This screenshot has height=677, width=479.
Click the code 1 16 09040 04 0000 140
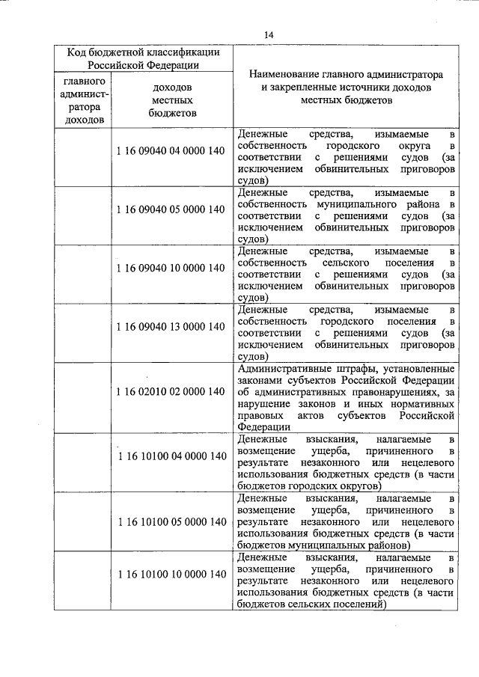coord(171,151)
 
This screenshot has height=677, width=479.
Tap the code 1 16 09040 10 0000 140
coord(171,268)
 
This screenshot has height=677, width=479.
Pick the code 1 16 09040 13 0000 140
coord(171,327)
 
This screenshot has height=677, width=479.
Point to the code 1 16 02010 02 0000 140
coord(171,391)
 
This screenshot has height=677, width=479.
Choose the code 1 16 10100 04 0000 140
coord(171,456)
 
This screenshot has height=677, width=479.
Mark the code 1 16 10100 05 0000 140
coord(171,521)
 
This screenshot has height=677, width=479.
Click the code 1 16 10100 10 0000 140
coord(171,574)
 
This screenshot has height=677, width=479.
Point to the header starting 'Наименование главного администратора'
coord(346,87)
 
